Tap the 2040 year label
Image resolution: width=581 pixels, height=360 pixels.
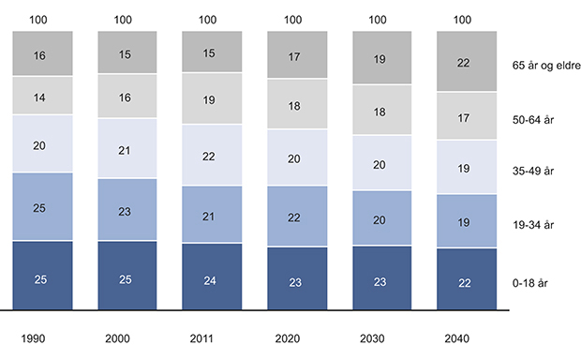466,338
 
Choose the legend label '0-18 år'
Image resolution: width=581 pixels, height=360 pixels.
530,278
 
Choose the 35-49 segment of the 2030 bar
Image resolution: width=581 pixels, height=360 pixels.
381,165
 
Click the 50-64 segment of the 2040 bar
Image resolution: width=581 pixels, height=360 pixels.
466,119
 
